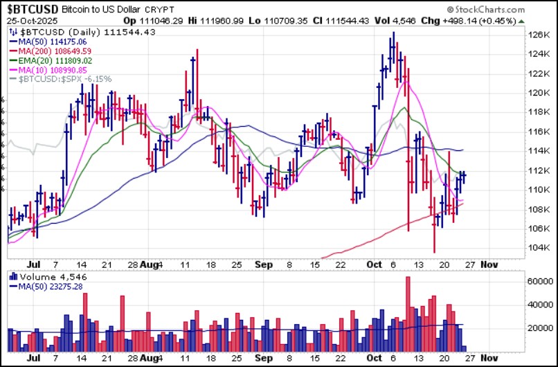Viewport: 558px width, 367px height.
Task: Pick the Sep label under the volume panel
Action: [262, 359]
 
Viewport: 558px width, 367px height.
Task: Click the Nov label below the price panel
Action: [489, 264]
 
